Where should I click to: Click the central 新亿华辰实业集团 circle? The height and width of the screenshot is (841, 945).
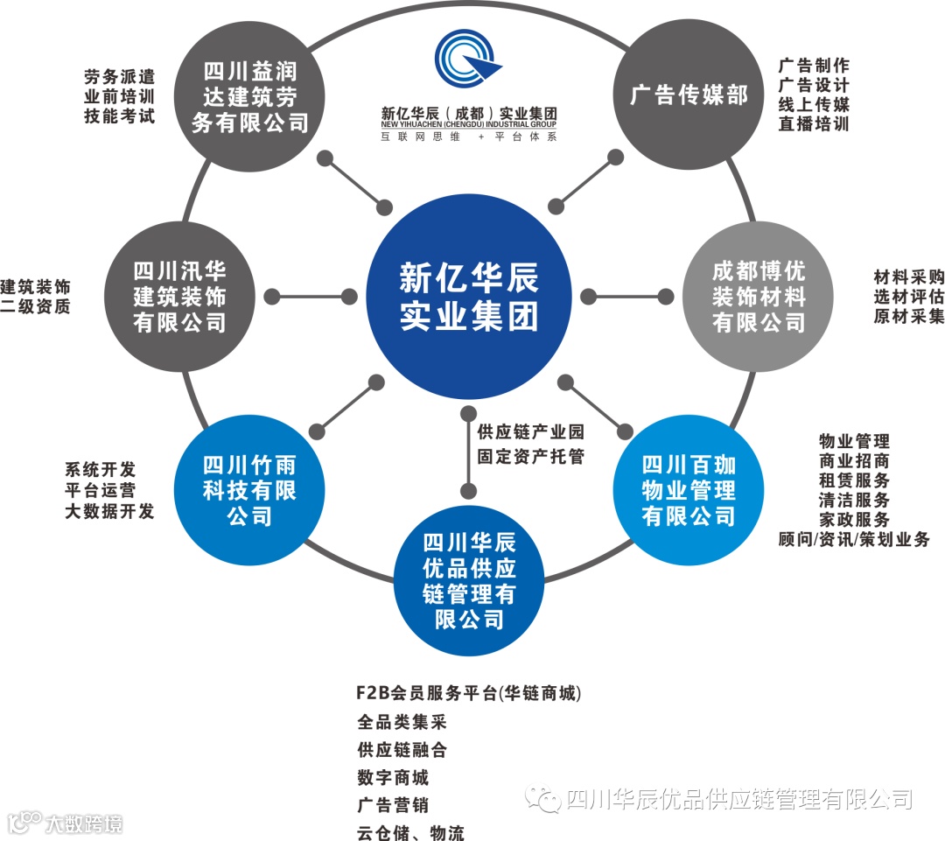click(x=470, y=296)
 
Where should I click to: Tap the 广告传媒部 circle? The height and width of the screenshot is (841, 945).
click(x=689, y=95)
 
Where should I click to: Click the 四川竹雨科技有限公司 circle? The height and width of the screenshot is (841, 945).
click(x=250, y=490)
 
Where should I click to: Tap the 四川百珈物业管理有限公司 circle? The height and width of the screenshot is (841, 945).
click(x=689, y=490)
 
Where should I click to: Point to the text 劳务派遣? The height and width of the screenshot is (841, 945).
click(x=120, y=76)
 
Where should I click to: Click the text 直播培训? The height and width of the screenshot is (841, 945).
click(x=814, y=123)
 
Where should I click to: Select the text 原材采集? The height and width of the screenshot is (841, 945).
click(x=909, y=316)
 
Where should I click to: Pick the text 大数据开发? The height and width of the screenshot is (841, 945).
click(x=109, y=511)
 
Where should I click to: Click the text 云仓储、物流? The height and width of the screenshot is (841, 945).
click(x=410, y=832)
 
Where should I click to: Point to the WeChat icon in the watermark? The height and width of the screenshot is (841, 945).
click(x=548, y=800)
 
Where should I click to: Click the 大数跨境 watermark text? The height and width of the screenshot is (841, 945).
click(x=83, y=823)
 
